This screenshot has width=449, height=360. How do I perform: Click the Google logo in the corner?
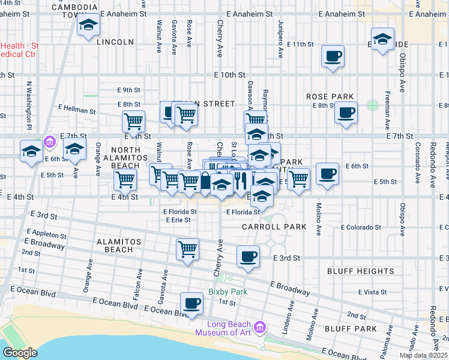point(20,353)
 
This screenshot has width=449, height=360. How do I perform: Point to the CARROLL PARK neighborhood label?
point(274,227)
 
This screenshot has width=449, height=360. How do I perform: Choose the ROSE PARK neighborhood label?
point(330,97)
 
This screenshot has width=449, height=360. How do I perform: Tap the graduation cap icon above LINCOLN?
point(88,26)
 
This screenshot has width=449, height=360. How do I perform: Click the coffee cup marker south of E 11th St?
point(333,57)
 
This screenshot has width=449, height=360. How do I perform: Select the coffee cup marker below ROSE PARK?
point(345,112)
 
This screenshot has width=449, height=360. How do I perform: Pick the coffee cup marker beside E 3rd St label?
point(248,257)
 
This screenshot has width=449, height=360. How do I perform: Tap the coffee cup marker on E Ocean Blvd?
point(192,303)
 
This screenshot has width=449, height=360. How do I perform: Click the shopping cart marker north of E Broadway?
point(187,249)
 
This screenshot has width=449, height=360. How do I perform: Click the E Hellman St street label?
point(77,110)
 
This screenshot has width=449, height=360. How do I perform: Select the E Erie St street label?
point(178,220)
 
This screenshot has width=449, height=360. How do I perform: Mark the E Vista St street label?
point(372,292)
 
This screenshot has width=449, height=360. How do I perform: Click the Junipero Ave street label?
point(280,38)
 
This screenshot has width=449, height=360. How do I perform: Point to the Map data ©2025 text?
point(423,355)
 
